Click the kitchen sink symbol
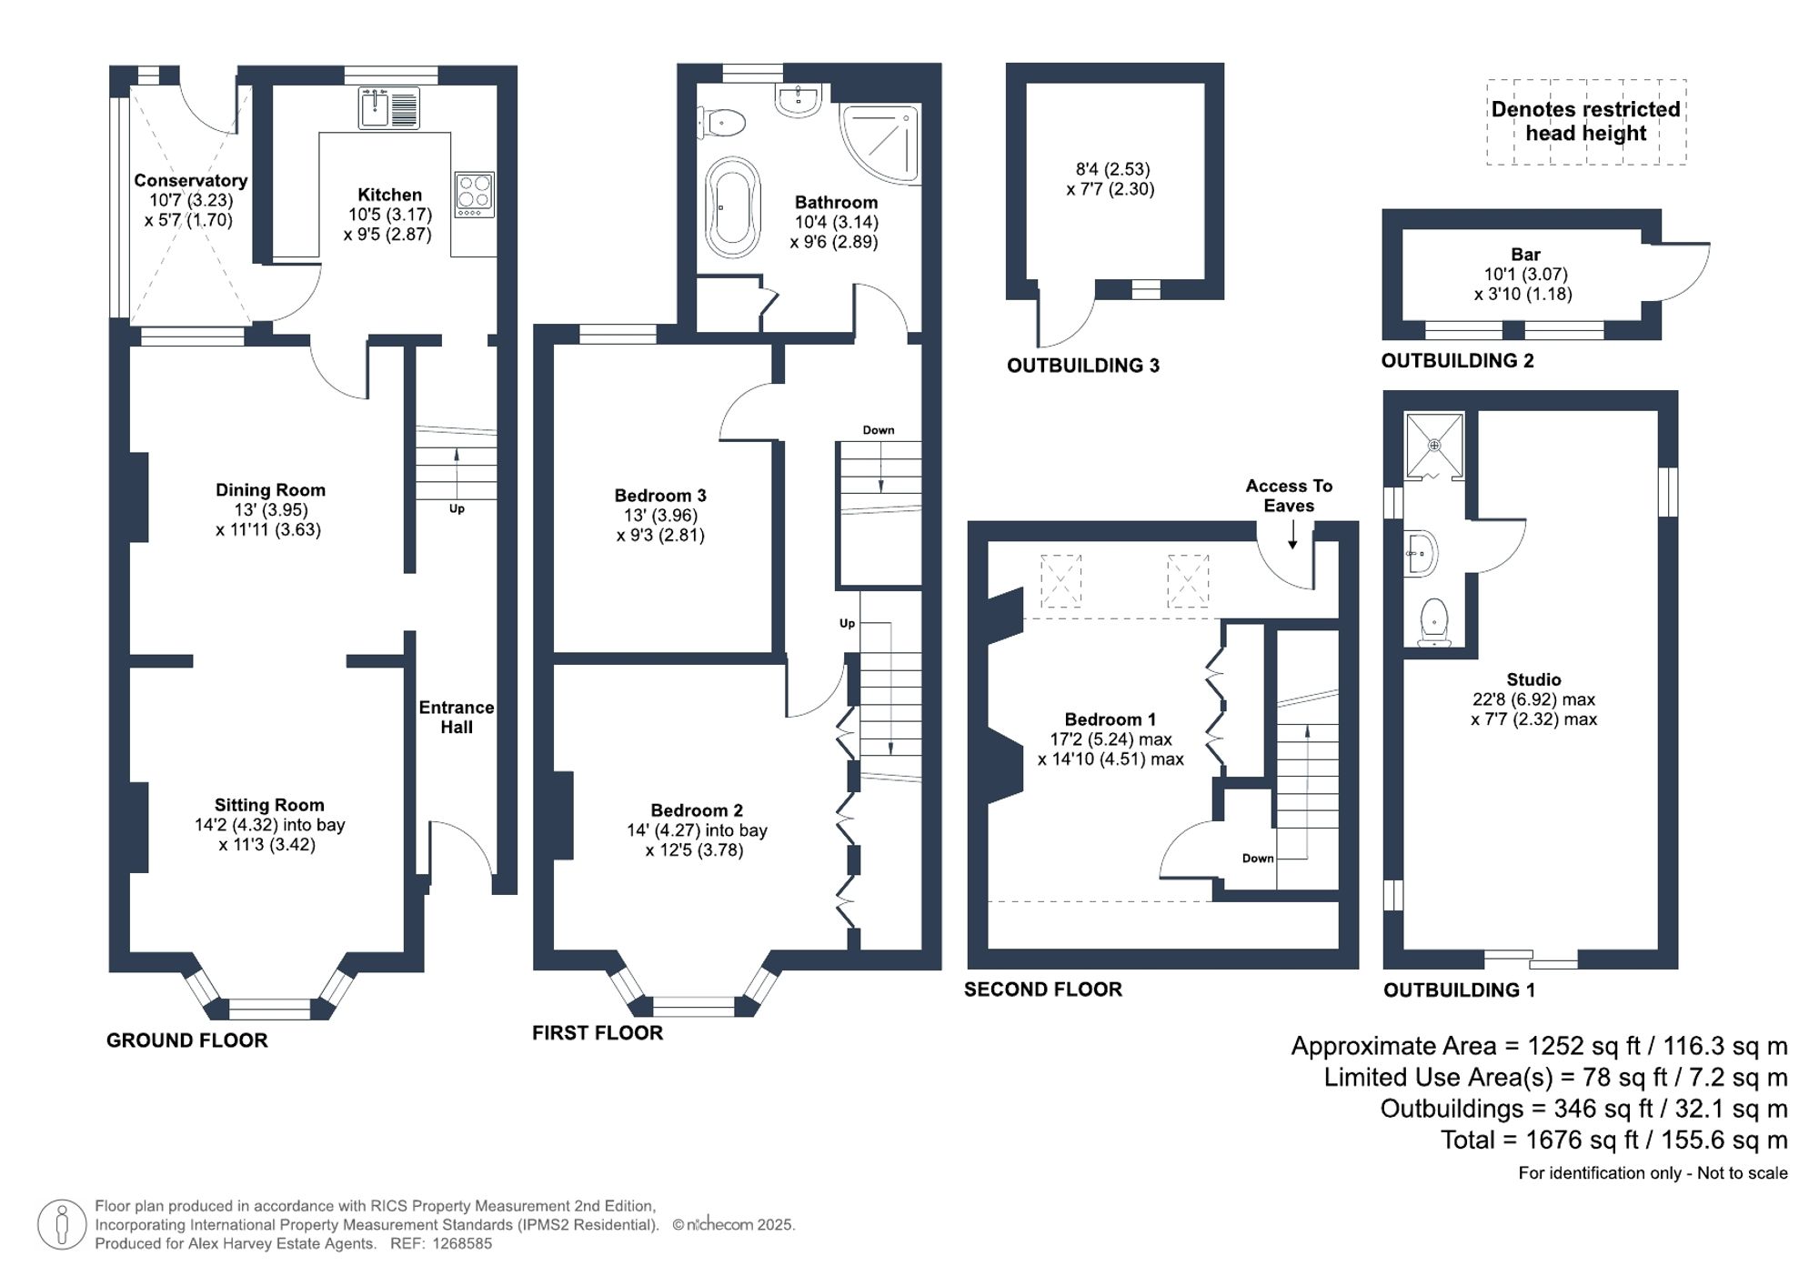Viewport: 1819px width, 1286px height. [x=388, y=108]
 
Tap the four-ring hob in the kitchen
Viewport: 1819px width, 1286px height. [x=474, y=194]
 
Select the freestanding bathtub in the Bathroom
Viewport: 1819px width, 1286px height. [x=732, y=207]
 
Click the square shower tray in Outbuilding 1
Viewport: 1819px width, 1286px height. [x=1434, y=445]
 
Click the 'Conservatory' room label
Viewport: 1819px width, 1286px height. [x=190, y=180]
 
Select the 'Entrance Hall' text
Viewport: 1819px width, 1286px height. [x=456, y=717]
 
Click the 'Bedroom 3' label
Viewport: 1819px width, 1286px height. [x=660, y=496]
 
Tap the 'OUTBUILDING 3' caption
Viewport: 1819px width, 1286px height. [x=1082, y=366]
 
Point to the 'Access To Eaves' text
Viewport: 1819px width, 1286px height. [x=1289, y=496]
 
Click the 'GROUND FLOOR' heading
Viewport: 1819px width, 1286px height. [x=186, y=1040]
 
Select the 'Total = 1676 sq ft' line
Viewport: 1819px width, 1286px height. [x=1613, y=1140]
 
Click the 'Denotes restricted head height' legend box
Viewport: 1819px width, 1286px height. [x=1585, y=122]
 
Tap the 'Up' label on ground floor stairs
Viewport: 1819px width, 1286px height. [x=457, y=508]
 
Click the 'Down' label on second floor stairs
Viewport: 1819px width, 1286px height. [x=1257, y=859]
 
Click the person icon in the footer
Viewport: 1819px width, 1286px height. [x=62, y=1224]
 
